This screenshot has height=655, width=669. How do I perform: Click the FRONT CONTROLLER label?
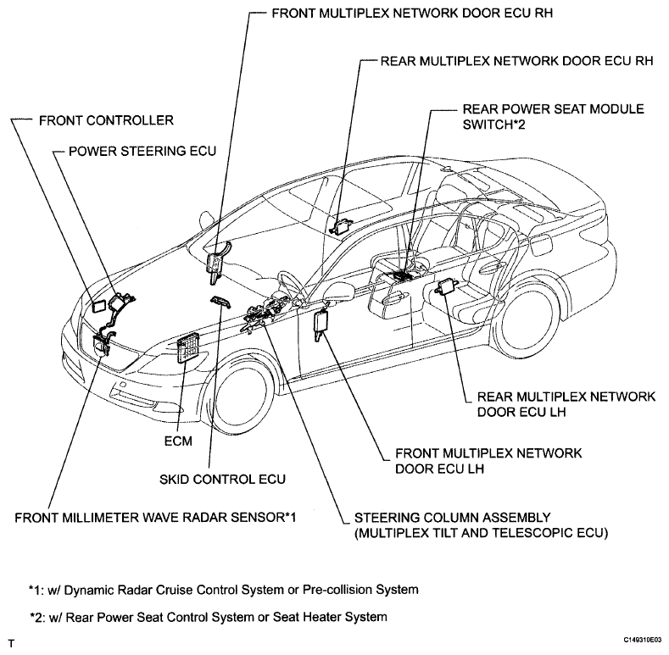[x=106, y=120]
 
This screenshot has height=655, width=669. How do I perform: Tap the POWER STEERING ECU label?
[x=142, y=152]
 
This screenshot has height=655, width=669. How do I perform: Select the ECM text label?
[x=178, y=441]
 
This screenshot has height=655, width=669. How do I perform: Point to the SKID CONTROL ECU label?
[x=222, y=480]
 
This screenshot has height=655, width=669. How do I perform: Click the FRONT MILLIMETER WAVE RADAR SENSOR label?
[x=155, y=518]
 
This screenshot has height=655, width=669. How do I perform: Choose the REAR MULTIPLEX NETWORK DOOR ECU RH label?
[x=516, y=61]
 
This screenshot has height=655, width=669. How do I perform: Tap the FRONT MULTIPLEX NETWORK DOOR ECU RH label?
[x=412, y=14]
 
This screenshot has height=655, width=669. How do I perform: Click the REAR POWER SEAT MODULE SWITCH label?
[x=554, y=117]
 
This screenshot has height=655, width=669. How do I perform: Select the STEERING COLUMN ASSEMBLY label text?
[x=482, y=525]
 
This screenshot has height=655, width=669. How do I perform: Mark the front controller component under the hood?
[x=101, y=306]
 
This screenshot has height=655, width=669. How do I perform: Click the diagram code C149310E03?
[x=643, y=640]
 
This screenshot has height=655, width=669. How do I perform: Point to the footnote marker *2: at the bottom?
[x=37, y=617]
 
